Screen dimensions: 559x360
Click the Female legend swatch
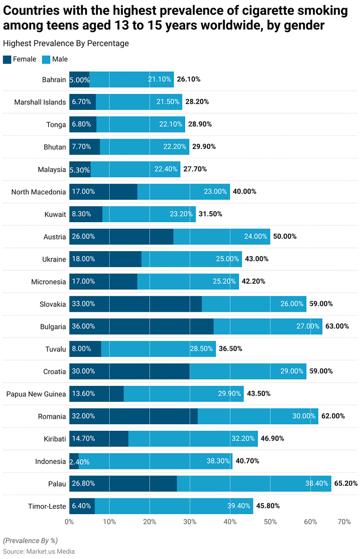(x=7, y=60)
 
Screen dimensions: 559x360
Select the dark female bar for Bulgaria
(x=141, y=326)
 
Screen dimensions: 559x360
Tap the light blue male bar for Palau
(x=254, y=484)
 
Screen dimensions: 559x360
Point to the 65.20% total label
(x=346, y=484)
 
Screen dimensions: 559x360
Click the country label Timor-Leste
(x=47, y=506)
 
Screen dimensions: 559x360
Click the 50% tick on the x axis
(x=270, y=522)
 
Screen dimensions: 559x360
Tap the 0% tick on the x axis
(x=69, y=522)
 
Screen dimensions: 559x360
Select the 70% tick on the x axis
(x=344, y=522)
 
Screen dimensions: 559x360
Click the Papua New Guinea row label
(x=36, y=394)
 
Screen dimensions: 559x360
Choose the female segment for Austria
(x=121, y=236)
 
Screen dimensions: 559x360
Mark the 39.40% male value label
(x=239, y=507)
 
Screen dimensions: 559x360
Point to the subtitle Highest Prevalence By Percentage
(x=66, y=43)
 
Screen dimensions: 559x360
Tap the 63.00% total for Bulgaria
(x=337, y=326)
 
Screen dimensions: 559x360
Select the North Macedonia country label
(x=38, y=192)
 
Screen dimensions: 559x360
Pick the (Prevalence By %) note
(x=31, y=540)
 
